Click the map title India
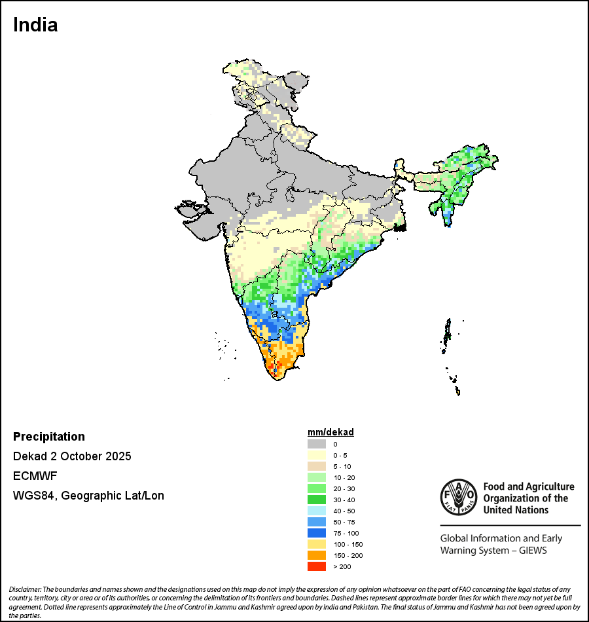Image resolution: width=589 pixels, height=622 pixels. tap(35, 25)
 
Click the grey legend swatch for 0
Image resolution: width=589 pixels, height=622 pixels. tap(317, 444)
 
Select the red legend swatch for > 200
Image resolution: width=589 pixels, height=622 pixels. tap(317, 566)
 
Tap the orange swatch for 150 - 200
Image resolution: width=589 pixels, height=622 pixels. tap(317, 555)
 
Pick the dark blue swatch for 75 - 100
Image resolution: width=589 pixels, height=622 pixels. tap(317, 533)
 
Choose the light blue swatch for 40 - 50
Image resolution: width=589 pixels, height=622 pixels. tap(317, 511)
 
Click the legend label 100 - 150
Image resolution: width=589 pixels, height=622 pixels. tap(348, 544)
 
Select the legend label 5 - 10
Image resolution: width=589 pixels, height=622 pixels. tap(342, 466)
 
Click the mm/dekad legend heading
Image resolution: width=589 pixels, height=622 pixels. tap(330, 433)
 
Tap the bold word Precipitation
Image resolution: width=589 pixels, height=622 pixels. tap(49, 437)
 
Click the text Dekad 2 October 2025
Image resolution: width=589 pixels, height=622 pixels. tap(72, 456)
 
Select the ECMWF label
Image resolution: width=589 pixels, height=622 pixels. tap(32, 476)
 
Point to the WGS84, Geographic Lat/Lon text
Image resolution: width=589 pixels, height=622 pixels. tap(88, 496)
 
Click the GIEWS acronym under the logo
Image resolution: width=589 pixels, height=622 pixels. tap(531, 551)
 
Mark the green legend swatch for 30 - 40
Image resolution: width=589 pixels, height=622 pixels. tap(317, 500)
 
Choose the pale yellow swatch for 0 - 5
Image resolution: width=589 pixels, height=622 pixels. tap(317, 455)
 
